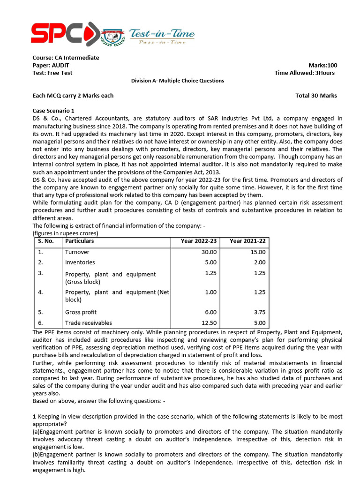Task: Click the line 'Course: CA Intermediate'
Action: (66, 58)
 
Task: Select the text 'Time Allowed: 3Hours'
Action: (304, 73)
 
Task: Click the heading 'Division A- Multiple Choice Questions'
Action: (178, 81)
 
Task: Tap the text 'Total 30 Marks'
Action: (316, 96)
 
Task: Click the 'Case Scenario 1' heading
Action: (53, 111)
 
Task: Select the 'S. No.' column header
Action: (46, 241)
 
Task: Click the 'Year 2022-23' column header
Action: (199, 241)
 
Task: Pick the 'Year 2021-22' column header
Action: (247, 241)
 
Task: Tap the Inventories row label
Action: (80, 262)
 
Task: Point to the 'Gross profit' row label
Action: (81, 312)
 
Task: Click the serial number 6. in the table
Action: (40, 323)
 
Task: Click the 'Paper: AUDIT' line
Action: (51, 65)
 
